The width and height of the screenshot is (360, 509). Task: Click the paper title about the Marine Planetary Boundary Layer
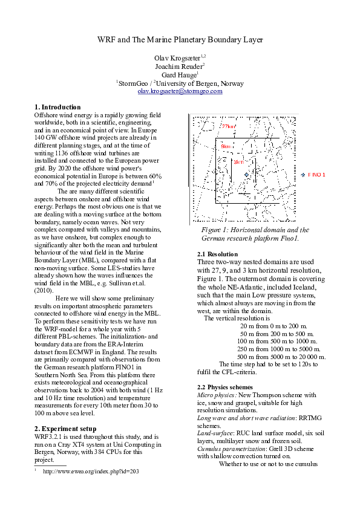(180, 39)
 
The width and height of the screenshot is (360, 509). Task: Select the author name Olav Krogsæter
(177, 57)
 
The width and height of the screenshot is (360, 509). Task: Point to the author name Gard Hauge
(179, 74)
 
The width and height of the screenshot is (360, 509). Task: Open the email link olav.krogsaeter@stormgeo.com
(180, 91)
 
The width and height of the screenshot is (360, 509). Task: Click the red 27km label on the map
(228, 126)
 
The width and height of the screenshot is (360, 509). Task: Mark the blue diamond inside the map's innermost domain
(246, 175)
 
